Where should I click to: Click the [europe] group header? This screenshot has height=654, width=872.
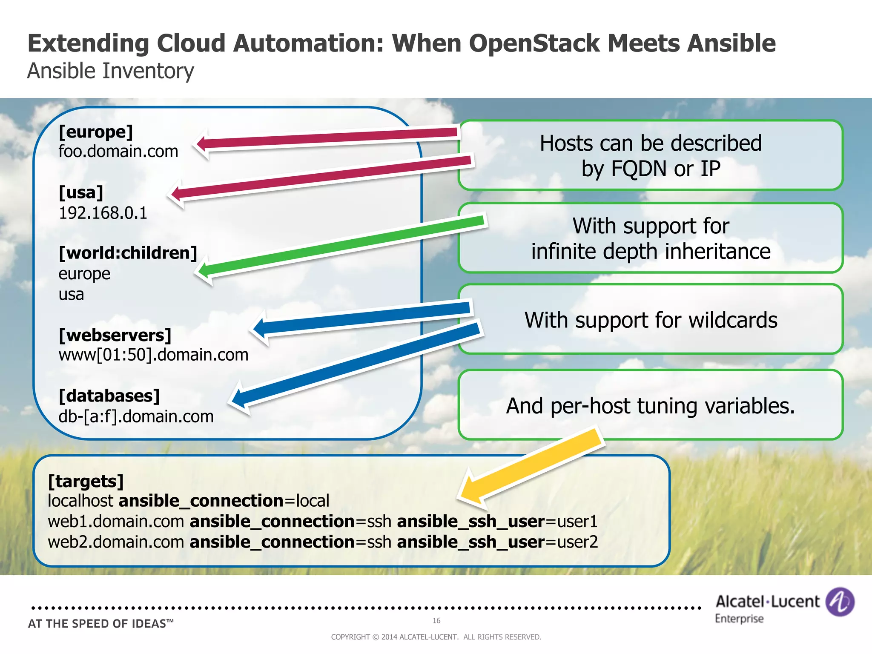point(96,132)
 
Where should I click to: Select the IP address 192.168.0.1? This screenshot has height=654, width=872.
point(103,213)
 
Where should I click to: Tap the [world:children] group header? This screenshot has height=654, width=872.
point(128,253)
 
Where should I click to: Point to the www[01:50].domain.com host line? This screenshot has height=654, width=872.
point(153,355)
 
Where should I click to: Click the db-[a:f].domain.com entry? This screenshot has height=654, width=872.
point(136,416)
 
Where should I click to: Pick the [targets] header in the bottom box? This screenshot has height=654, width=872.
point(86,482)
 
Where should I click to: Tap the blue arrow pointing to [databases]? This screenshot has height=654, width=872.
point(358,364)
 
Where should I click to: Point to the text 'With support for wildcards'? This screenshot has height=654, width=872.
point(651,320)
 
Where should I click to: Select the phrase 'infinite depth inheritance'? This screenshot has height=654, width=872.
point(651,251)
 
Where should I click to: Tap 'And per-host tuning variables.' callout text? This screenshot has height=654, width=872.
point(650,406)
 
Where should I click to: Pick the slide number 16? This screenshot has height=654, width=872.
point(436,620)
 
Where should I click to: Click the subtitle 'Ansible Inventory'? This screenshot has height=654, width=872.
point(110,71)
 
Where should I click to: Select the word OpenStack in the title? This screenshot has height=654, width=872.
point(534,43)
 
